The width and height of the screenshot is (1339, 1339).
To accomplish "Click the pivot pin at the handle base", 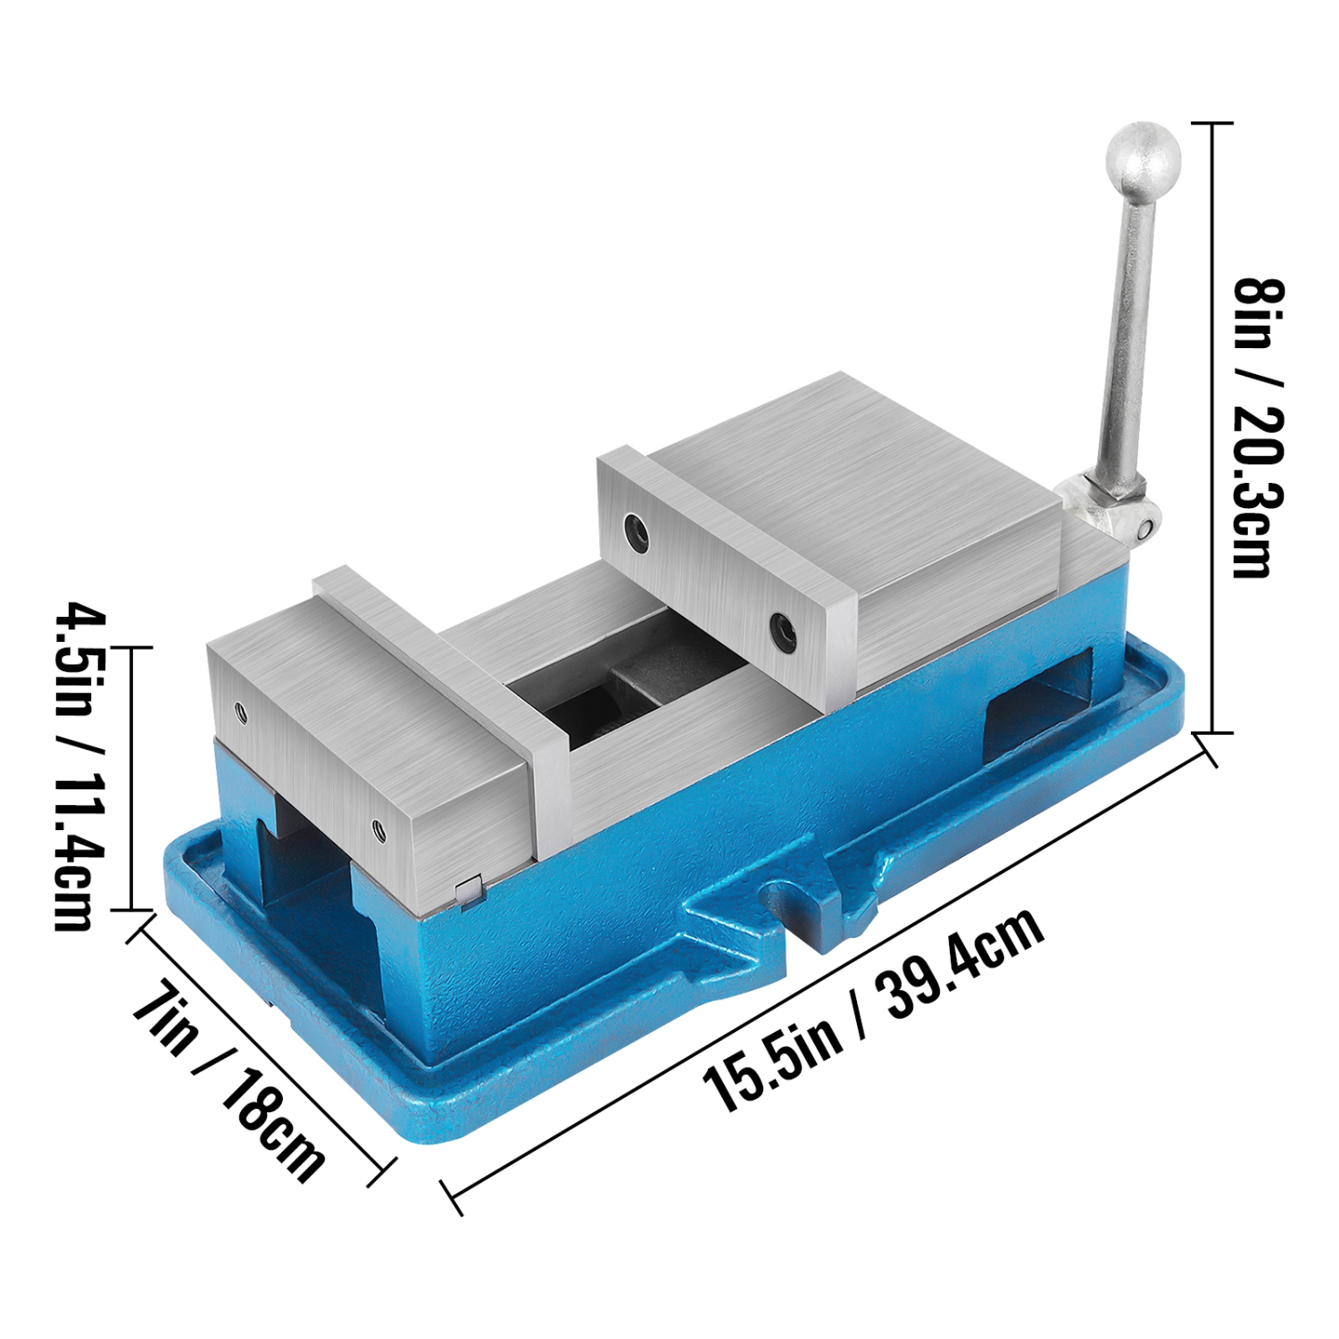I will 1144,528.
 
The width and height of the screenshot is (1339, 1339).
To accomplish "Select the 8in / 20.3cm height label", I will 1259,428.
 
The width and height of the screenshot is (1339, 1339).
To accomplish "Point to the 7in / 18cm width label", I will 229,1081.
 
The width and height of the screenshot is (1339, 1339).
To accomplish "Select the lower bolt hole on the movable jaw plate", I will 784,629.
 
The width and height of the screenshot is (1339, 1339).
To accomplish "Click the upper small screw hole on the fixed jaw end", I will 240,711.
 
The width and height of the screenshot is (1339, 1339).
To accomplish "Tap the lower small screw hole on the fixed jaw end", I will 378,830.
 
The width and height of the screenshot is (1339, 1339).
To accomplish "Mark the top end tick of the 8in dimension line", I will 1210,123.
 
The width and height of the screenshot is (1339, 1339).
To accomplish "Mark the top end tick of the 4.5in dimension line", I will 131,647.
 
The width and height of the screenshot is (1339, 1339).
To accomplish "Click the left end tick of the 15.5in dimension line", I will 453,1196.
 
